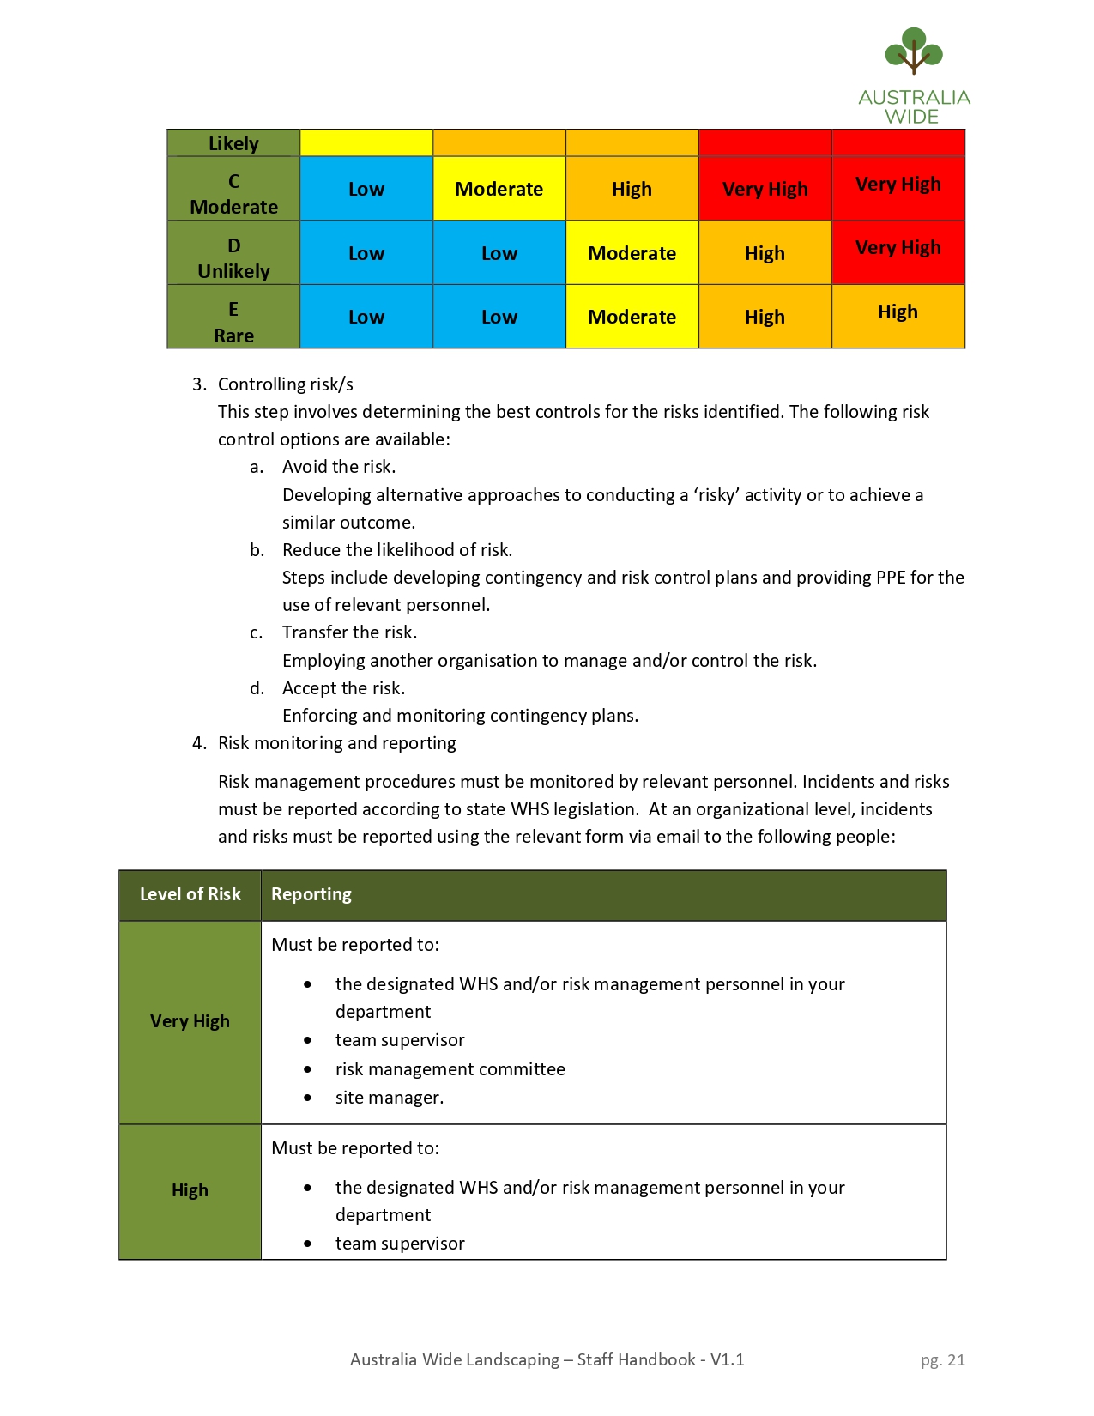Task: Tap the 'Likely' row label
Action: (233, 143)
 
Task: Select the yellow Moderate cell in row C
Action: (499, 189)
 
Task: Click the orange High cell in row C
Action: (632, 189)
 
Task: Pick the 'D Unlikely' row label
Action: (233, 258)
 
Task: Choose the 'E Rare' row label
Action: (233, 322)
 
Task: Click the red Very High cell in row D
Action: (898, 248)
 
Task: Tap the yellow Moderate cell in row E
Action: (632, 317)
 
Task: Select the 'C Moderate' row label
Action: (233, 194)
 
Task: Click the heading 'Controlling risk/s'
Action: (285, 384)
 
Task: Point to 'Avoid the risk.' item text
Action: (339, 467)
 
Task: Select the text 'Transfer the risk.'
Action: (349, 632)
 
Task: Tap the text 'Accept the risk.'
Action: (343, 688)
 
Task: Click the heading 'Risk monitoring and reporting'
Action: (336, 743)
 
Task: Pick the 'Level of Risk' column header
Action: (190, 894)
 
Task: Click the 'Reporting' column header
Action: (311, 894)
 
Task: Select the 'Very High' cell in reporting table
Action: (190, 1021)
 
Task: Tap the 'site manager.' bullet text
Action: (389, 1098)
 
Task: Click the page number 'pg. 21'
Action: (942, 1360)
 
